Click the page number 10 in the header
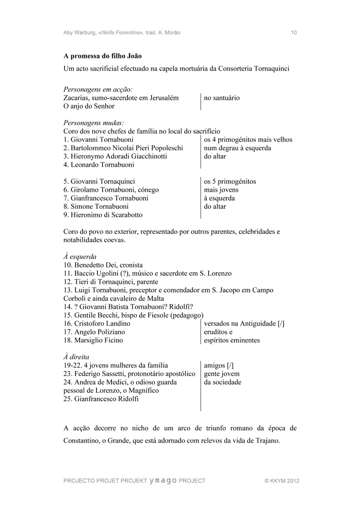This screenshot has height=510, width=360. pos(294,33)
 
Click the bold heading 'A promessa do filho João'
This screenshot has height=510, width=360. pos(102,56)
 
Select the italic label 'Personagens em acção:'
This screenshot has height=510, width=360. pos(98,90)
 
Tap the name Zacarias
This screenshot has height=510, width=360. pos(76,98)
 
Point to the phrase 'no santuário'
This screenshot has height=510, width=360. pos(222,98)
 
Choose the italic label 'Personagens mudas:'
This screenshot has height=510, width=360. pos(94,123)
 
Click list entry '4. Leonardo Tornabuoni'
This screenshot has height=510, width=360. pos(99,165)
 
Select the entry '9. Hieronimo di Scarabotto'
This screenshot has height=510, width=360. pos(103,215)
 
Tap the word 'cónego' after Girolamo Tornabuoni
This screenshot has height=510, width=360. pos(148,190)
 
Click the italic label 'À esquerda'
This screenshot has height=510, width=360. pos(80,257)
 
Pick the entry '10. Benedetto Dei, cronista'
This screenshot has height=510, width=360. pos(103,265)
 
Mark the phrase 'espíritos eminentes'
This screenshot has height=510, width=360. pos(232,340)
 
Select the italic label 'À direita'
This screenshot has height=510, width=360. pos(76,357)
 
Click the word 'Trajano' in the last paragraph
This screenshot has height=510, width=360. pos(264,441)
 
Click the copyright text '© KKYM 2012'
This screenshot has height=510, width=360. pos(282,481)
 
